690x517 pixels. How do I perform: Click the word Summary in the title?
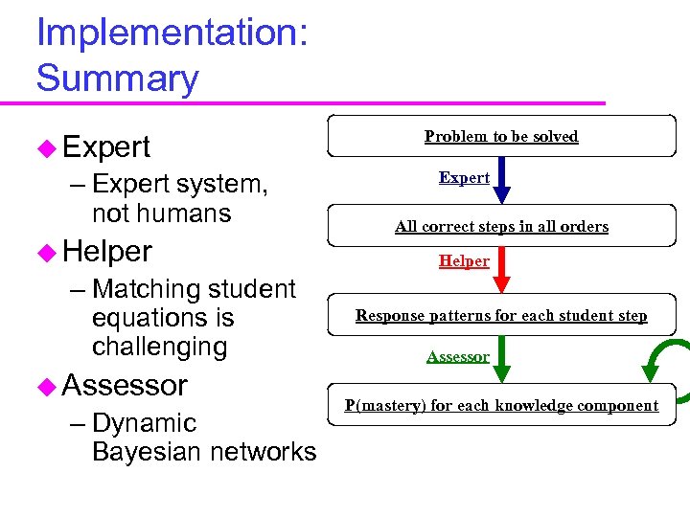117,78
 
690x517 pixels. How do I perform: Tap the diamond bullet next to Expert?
47,147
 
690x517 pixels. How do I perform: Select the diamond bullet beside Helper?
47,252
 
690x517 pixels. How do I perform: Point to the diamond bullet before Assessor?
47,386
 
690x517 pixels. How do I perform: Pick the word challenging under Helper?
159,346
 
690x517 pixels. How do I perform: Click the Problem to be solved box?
501,136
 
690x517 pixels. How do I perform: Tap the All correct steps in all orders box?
501,227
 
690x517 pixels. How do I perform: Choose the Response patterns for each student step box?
501,316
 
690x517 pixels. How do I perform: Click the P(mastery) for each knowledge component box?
501,405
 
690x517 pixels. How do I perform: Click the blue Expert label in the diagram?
464,178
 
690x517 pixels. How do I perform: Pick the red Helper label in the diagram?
464,261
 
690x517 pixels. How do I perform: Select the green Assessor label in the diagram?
457,357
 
